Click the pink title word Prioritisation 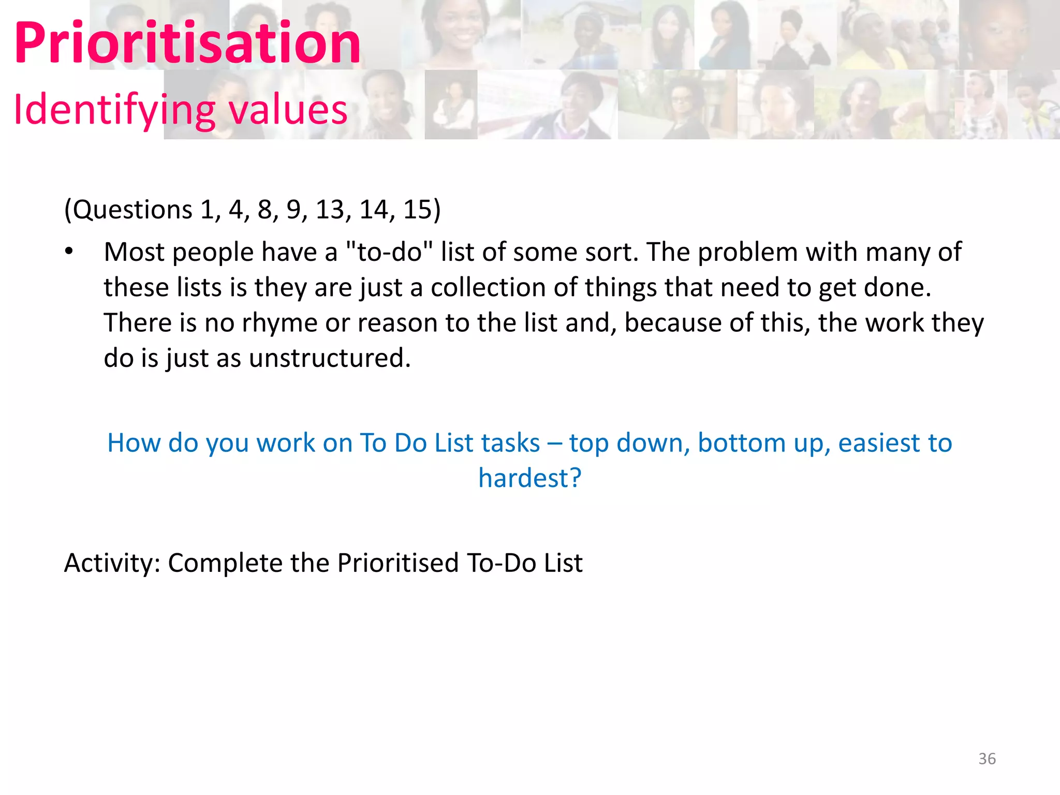point(187,43)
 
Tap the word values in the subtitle point(288,110)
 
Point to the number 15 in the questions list point(417,210)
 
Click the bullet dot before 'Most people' point(69,252)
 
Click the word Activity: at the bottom point(112,563)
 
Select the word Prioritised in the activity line point(398,563)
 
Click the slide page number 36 point(987,759)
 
